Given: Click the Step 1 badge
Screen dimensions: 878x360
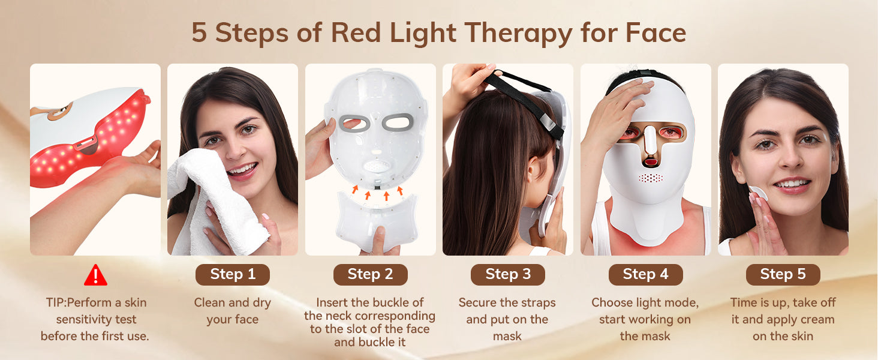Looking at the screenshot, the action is pos(233,275).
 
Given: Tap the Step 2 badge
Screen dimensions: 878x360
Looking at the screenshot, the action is pos(371,275).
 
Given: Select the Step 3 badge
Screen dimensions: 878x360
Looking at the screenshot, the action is pos(508,275).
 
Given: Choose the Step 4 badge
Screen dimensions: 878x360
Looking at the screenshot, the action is pos(645,275).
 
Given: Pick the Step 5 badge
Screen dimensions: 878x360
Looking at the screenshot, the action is pos(783,275).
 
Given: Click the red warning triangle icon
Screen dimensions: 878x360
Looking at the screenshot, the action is pos(95,275).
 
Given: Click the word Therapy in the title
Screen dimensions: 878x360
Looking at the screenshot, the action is pos(519,34).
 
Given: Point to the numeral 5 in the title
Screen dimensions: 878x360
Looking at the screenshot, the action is pos(199,32).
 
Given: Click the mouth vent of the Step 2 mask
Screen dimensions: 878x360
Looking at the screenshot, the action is pos(377,166).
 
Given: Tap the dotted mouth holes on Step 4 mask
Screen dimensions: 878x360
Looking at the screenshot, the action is pos(651,178).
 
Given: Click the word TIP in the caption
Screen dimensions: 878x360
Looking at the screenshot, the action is pos(54,302).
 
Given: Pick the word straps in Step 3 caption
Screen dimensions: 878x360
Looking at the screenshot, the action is pos(539,303).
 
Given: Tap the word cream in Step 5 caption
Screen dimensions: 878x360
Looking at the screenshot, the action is pos(818,320).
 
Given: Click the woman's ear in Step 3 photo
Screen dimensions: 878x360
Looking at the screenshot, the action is pos(534,170).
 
